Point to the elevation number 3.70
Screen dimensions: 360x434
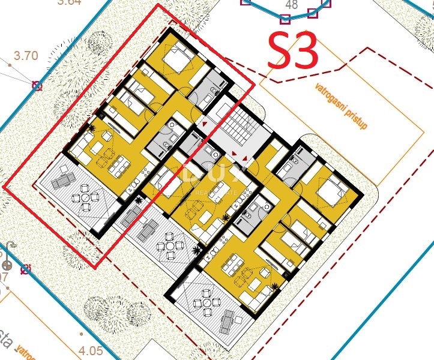(26, 56)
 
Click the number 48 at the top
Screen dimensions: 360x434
(292, 5)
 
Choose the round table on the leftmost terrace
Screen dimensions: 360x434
(85, 197)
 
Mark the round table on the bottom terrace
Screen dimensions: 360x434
(207, 299)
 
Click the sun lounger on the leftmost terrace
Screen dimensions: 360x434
(62, 178)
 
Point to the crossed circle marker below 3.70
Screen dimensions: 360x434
(37, 86)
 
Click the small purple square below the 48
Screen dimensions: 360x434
(285, 18)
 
